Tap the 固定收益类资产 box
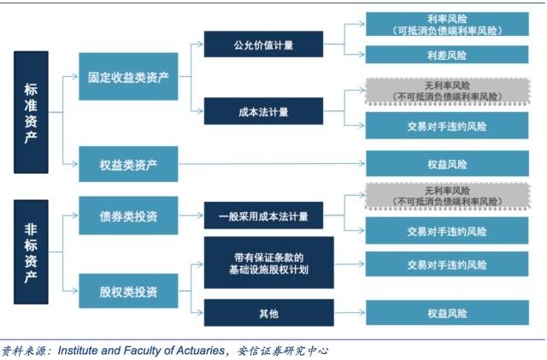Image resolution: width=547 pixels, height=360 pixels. click(x=128, y=77)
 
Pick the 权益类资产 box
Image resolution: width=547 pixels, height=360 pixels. click(x=128, y=163)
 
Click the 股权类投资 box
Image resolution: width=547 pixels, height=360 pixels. click(x=128, y=292)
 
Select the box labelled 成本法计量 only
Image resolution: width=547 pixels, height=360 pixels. click(x=262, y=110)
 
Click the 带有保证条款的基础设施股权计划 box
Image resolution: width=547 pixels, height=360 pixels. click(x=262, y=263)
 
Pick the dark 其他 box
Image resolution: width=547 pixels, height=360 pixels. click(x=262, y=313)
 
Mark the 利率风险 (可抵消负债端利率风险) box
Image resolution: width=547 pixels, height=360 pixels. click(x=447, y=24)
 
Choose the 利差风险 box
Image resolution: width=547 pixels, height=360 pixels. click(x=447, y=55)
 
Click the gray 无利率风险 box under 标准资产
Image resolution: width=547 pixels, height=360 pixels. click(x=447, y=91)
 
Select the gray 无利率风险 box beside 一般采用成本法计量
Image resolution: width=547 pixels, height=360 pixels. click(x=447, y=196)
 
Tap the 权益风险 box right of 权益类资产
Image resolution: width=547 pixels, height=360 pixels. click(x=447, y=163)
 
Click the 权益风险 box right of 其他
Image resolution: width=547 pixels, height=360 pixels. click(x=447, y=313)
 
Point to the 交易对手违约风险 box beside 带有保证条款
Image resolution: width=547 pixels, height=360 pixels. click(x=447, y=263)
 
